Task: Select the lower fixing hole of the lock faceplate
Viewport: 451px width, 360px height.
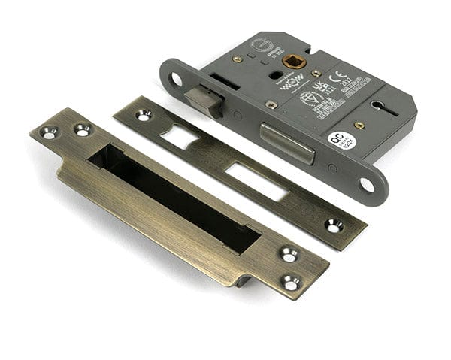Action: tap(368, 183)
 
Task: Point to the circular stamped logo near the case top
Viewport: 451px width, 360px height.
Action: tap(259, 44)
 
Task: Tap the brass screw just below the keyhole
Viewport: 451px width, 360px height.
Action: tap(360, 125)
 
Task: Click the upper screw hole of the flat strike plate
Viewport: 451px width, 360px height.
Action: tap(142, 115)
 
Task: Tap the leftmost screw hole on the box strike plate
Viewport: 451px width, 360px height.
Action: tap(50, 133)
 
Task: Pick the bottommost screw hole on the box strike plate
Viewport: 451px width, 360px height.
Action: tap(289, 282)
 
